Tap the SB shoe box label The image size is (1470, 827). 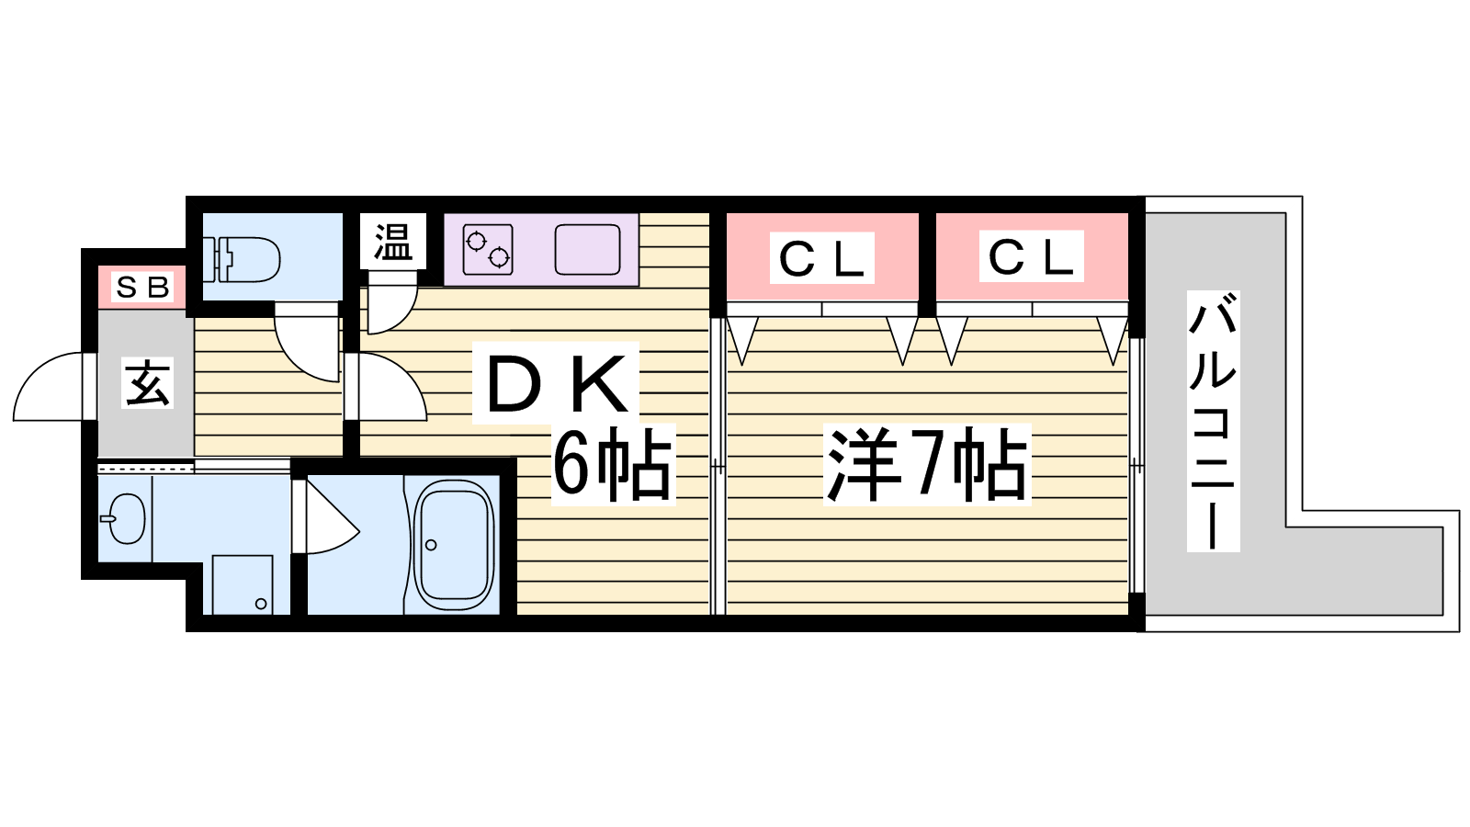click(x=143, y=287)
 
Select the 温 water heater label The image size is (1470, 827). click(x=392, y=242)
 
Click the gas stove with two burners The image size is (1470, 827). click(x=488, y=249)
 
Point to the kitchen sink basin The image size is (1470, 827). click(x=587, y=249)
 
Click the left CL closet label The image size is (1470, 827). click(x=821, y=258)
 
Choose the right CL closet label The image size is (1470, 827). click(x=1031, y=256)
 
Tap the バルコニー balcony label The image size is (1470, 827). click(x=1213, y=422)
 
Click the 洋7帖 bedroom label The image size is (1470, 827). click(x=927, y=465)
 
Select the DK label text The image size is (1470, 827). click(x=555, y=382)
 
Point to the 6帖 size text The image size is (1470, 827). click(x=613, y=465)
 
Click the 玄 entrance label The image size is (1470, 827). click(x=147, y=382)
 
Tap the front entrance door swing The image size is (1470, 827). click(x=50, y=387)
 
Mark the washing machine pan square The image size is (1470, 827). click(x=243, y=585)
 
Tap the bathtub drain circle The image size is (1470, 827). click(x=431, y=545)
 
